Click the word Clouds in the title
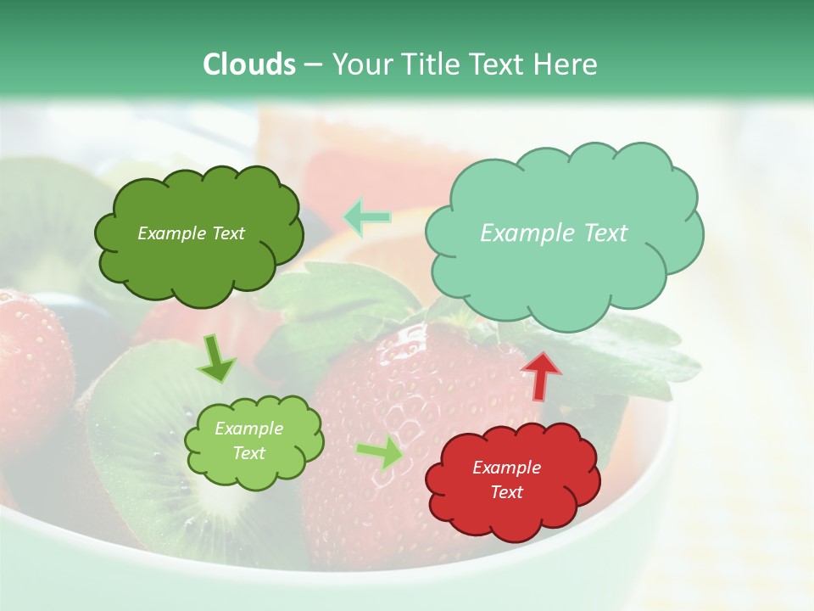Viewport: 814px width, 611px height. [x=249, y=64]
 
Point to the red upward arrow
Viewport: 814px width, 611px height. [x=541, y=376]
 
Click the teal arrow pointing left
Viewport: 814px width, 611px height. [x=367, y=217]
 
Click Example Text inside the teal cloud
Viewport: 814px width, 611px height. [x=554, y=233]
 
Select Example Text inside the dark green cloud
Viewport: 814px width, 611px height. [x=191, y=233]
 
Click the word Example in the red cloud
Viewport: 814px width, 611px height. [x=506, y=468]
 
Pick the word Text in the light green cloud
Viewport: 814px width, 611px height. [x=249, y=453]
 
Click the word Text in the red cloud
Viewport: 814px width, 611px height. [x=506, y=492]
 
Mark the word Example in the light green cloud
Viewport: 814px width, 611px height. [x=249, y=429]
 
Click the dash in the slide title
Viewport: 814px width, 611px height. [x=312, y=64]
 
